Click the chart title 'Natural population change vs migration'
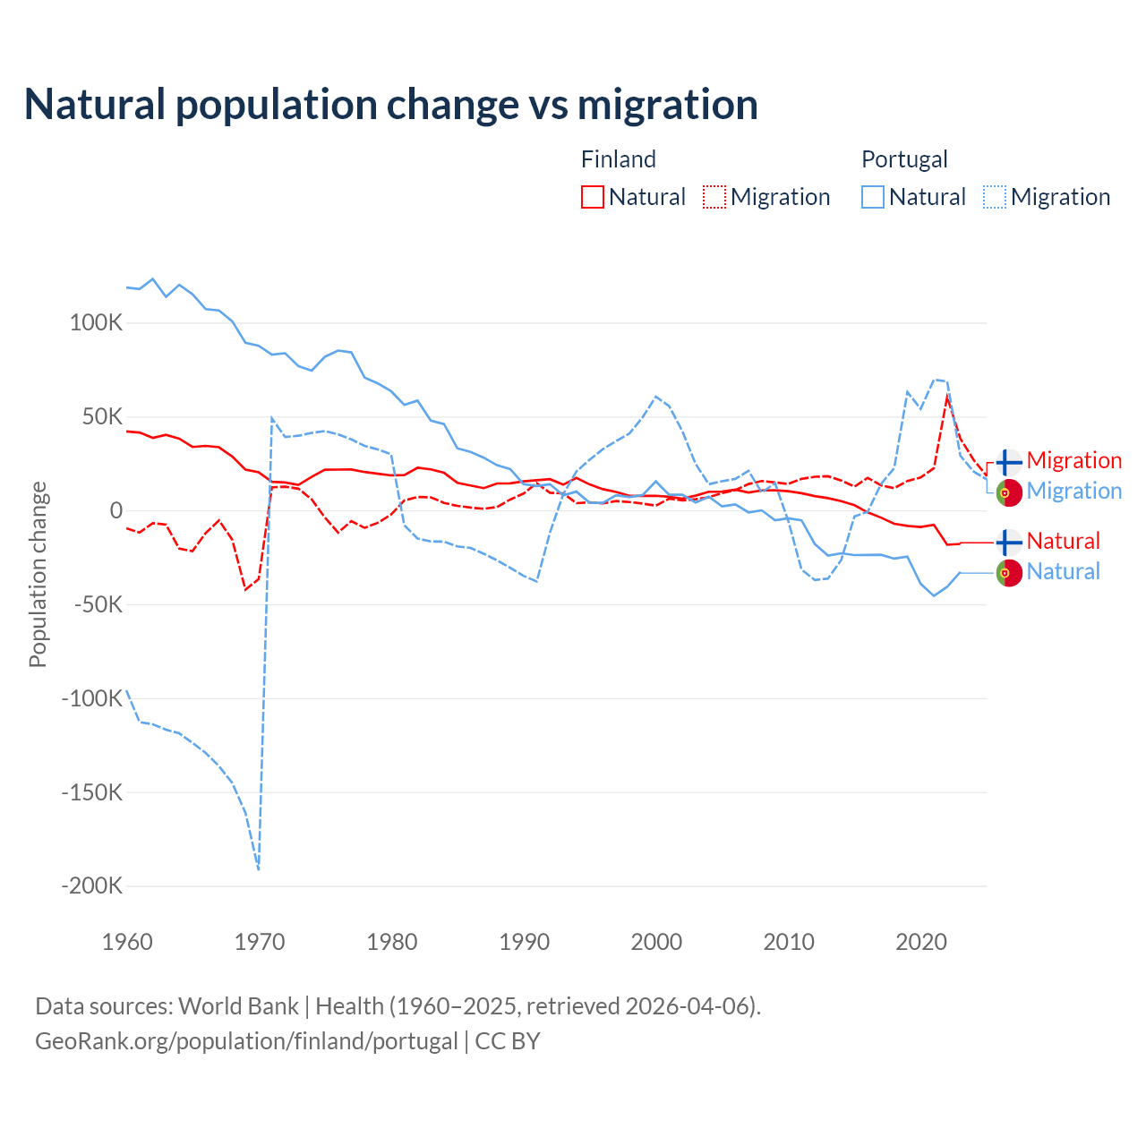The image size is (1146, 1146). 391,105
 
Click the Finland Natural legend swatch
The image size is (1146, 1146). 592,197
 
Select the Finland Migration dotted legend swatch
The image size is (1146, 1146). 714,197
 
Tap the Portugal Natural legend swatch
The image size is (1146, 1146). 873,197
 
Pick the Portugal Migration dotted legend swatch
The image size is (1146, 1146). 995,197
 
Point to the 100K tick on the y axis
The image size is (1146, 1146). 96,323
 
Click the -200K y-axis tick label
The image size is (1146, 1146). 91,886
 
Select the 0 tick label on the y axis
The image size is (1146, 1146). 116,511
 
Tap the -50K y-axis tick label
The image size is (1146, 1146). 97,605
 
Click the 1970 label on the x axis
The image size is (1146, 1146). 260,942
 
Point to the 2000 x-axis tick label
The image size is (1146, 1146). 656,942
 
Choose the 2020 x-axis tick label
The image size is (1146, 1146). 921,942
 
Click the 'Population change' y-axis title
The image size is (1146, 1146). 38,574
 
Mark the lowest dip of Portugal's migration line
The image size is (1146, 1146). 259,868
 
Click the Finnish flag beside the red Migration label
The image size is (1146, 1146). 1009,462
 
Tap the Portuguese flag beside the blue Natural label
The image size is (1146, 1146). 1009,573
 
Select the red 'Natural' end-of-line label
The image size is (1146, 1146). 1063,542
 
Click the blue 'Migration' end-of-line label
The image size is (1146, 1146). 1073,492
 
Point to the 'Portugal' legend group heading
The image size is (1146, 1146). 904,159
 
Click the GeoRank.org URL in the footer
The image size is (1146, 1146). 246,1041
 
